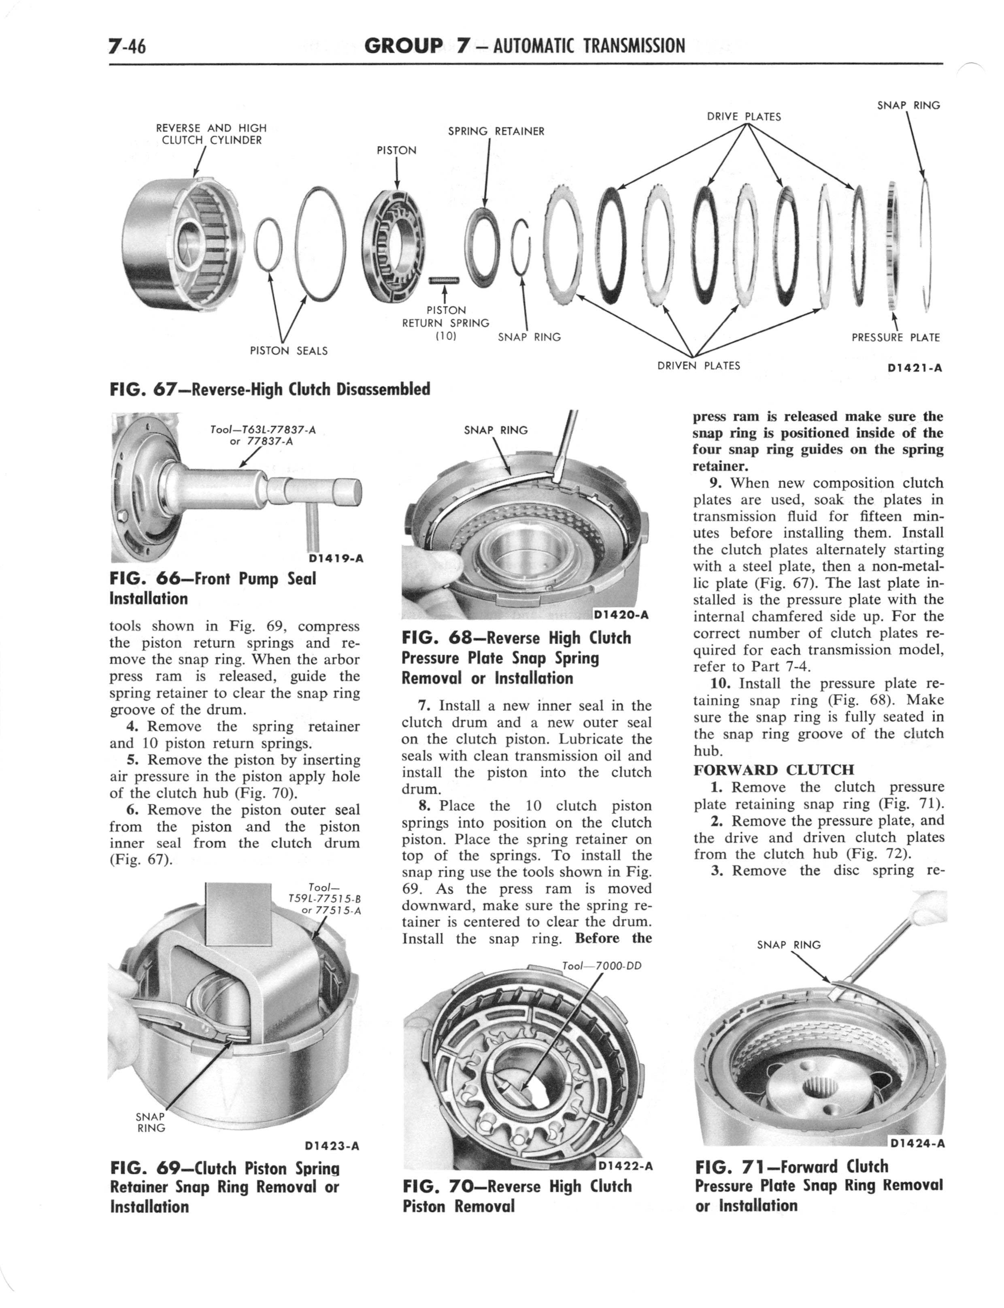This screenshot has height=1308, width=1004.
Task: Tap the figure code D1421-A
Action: [915, 368]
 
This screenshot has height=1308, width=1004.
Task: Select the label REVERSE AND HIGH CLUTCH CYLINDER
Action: [211, 134]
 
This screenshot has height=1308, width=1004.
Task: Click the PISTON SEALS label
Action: [288, 351]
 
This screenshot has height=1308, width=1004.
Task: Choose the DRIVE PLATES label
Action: [743, 117]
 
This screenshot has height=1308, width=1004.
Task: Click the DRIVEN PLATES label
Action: [698, 365]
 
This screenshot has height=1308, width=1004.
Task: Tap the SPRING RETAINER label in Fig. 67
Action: [496, 131]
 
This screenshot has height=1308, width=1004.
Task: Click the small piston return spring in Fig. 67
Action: [443, 280]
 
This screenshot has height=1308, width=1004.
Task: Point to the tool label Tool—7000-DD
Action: [602, 965]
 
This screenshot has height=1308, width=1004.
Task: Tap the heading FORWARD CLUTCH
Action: [774, 769]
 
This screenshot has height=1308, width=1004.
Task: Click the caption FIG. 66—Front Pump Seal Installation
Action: [213, 588]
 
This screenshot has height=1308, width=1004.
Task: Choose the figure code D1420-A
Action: [621, 615]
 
